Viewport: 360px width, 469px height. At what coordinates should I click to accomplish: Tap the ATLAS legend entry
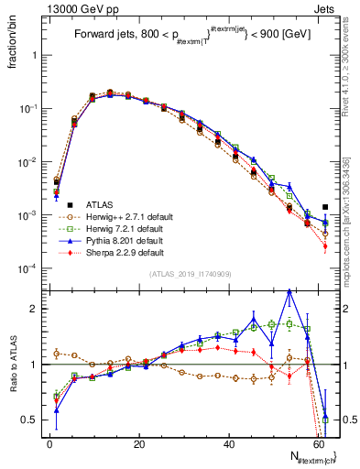75,204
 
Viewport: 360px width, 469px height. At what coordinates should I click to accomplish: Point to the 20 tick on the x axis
138,443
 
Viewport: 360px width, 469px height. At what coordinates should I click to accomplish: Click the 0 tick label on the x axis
49,443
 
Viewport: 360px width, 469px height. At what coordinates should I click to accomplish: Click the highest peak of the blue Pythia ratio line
289,290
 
